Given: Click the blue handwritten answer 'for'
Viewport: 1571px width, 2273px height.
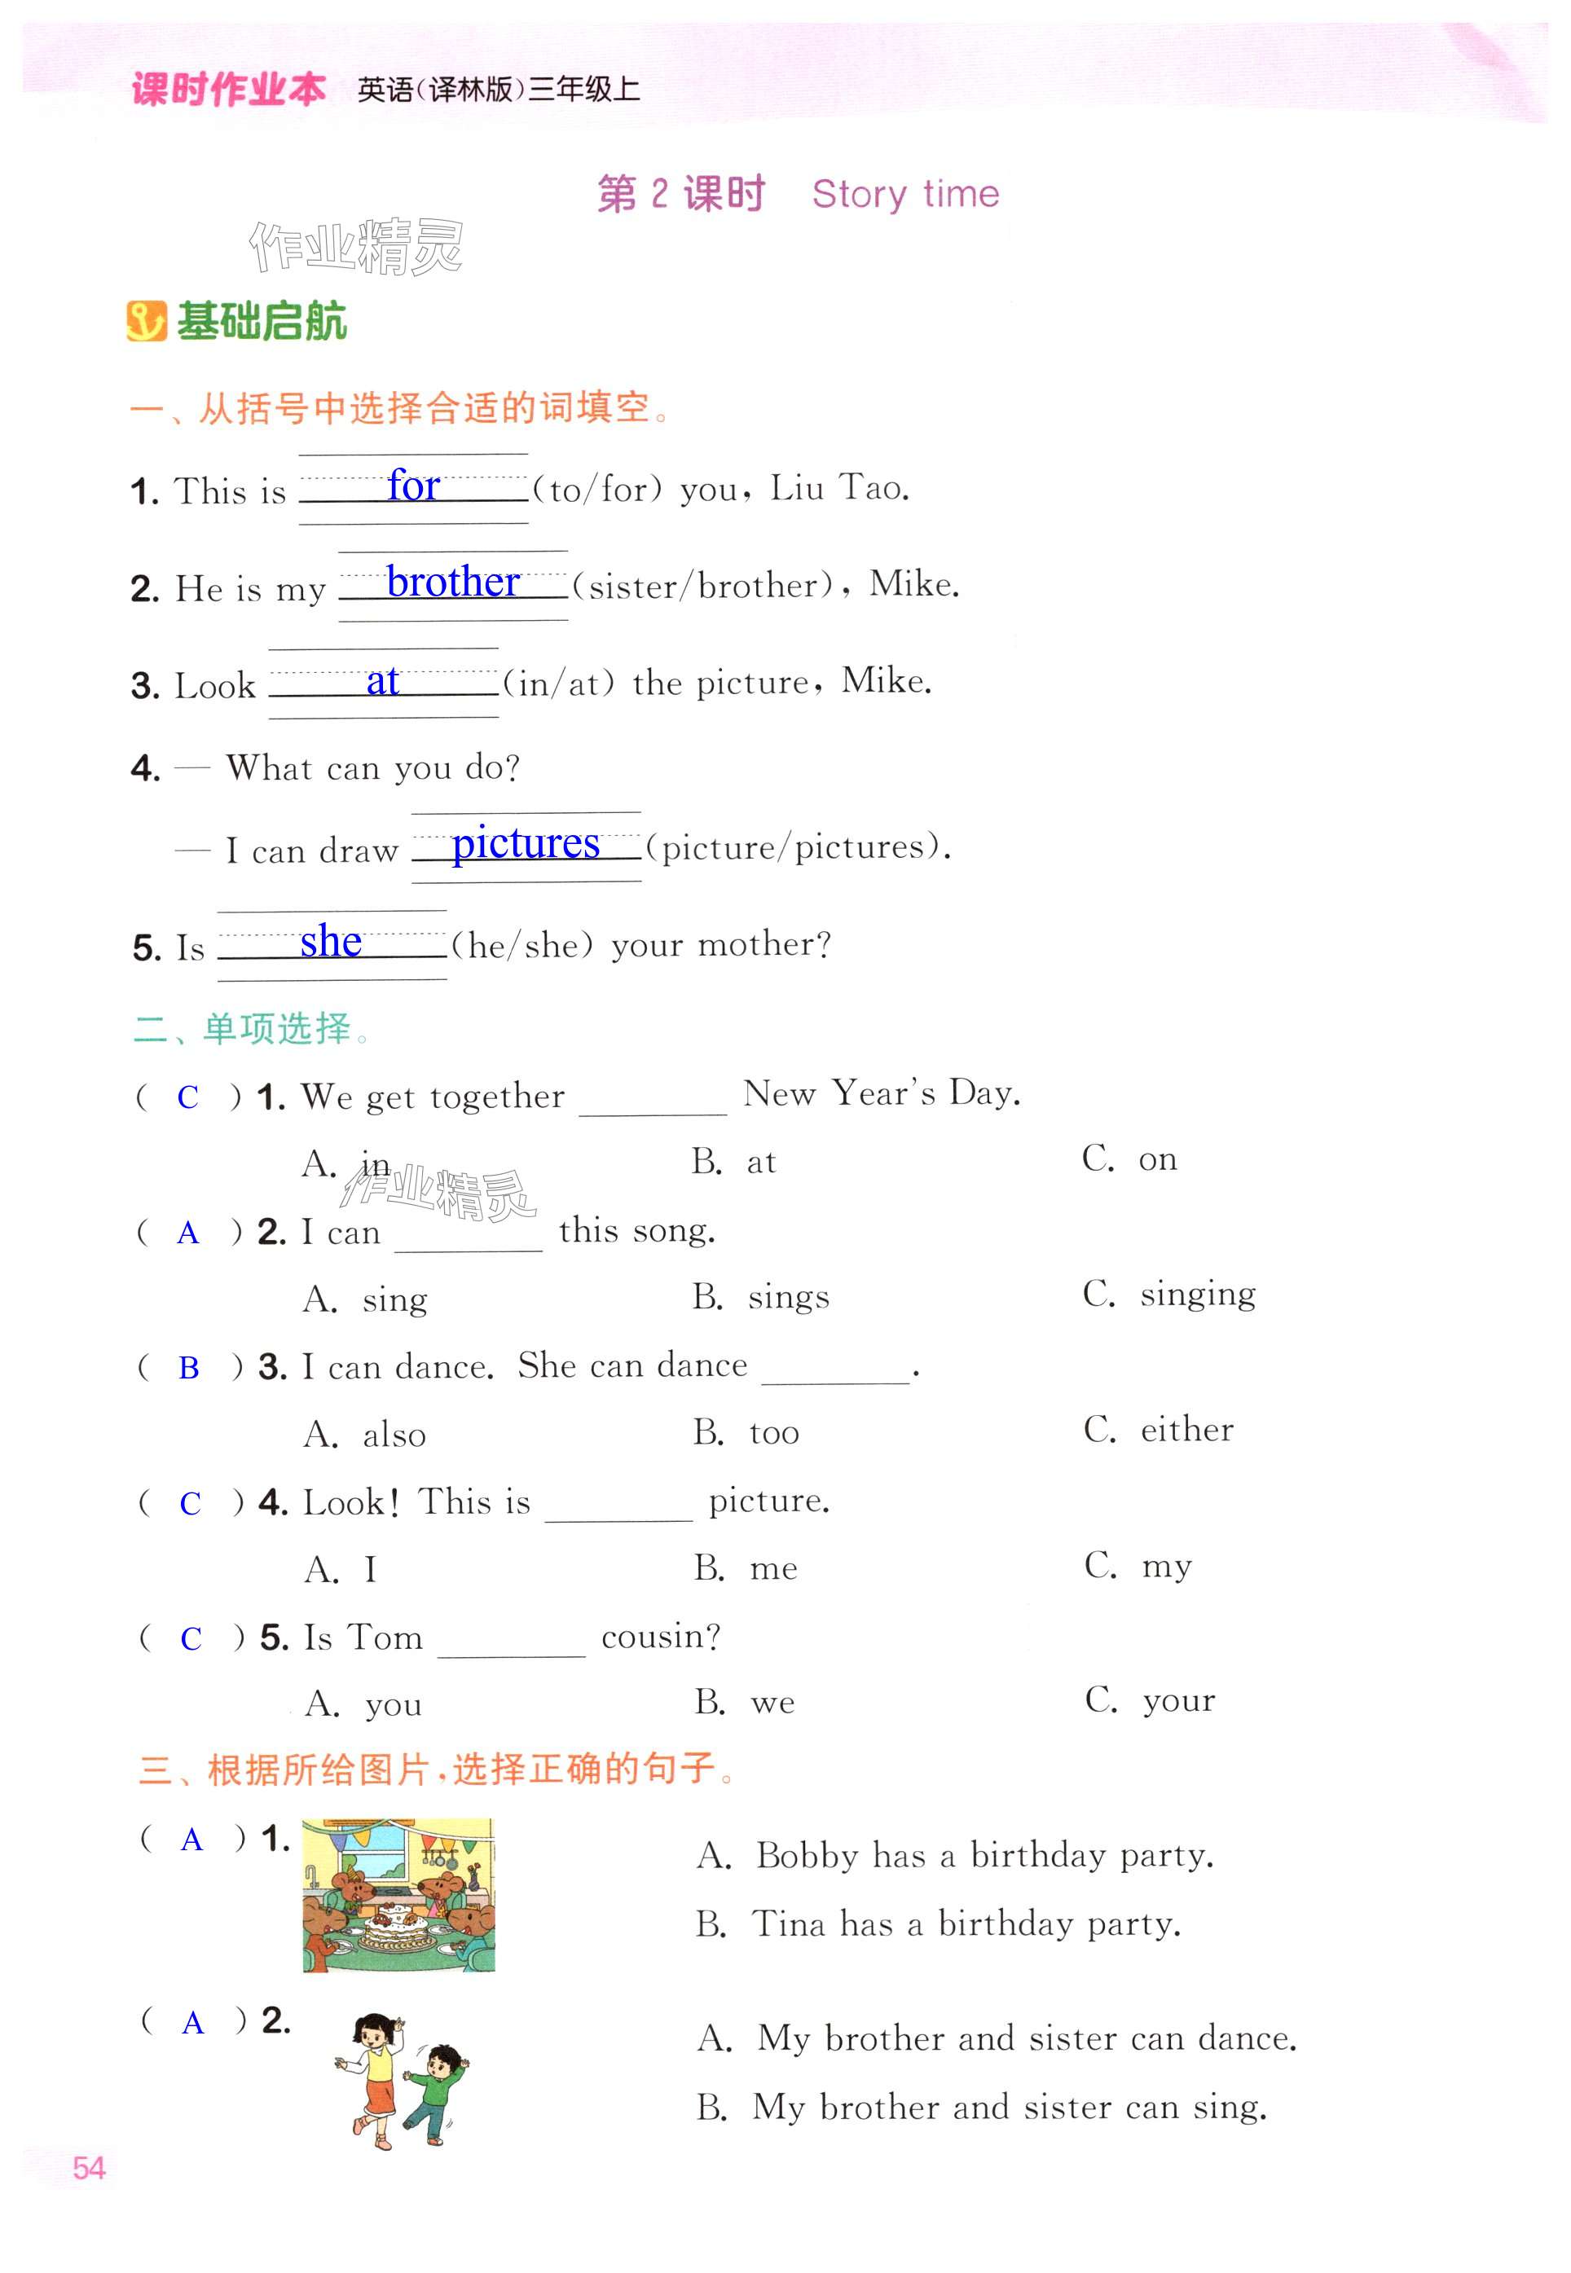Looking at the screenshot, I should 413,486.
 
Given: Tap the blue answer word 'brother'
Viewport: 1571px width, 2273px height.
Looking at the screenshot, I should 453,583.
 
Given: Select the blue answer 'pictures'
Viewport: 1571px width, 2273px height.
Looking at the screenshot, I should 526,844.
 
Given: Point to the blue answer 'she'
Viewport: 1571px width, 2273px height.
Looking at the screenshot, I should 331,942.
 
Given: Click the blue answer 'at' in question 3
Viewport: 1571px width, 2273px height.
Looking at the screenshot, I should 382,681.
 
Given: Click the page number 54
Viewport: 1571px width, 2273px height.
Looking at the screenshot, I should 89,2168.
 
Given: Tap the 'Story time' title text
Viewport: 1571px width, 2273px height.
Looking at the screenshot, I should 904,194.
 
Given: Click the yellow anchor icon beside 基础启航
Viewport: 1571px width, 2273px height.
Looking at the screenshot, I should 147,322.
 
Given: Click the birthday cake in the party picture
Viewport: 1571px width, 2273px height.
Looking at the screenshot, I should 392,1928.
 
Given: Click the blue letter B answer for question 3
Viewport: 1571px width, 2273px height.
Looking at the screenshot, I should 189,1368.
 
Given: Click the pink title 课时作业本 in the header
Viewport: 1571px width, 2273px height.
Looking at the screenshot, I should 228,90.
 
